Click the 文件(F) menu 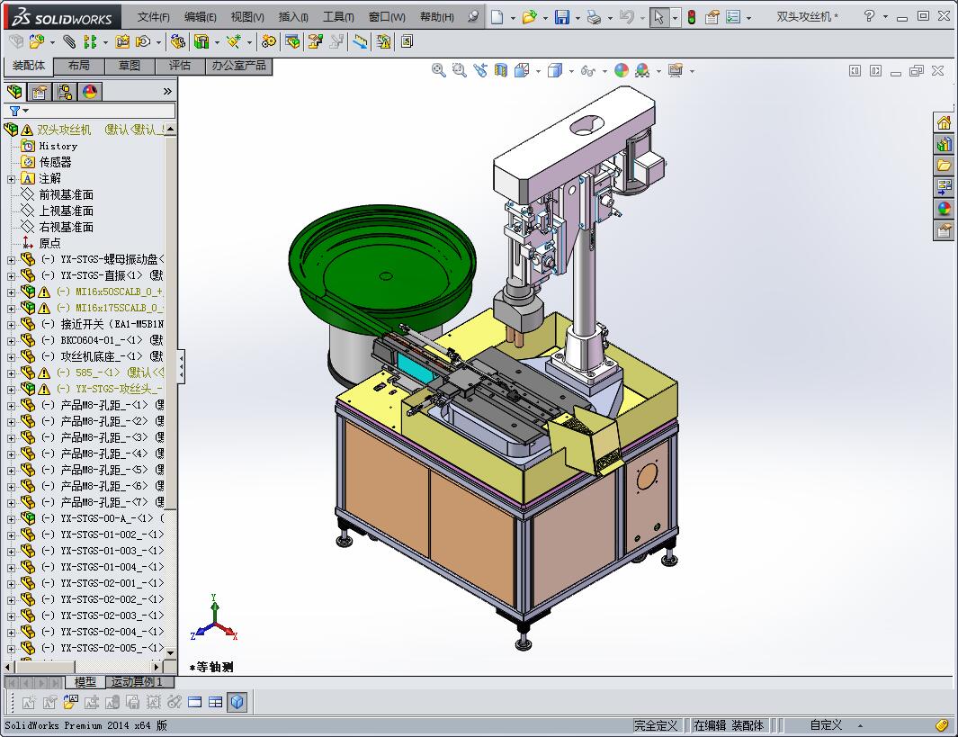coord(153,17)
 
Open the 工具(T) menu coord(338,17)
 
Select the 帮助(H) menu coord(436,17)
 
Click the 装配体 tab coord(29,66)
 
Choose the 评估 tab coord(180,66)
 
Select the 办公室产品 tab coord(238,66)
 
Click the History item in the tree coord(58,146)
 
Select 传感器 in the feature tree coord(55,162)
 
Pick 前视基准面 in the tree coord(66,194)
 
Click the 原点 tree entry coord(49,243)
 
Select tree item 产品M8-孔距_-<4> coord(103,454)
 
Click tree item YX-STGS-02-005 coord(103,648)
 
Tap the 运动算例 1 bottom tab coord(137,682)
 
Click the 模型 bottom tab coord(85,682)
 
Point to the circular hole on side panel coord(648,478)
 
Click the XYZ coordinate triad coord(215,621)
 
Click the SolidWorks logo coord(63,17)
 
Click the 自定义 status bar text coord(826,725)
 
